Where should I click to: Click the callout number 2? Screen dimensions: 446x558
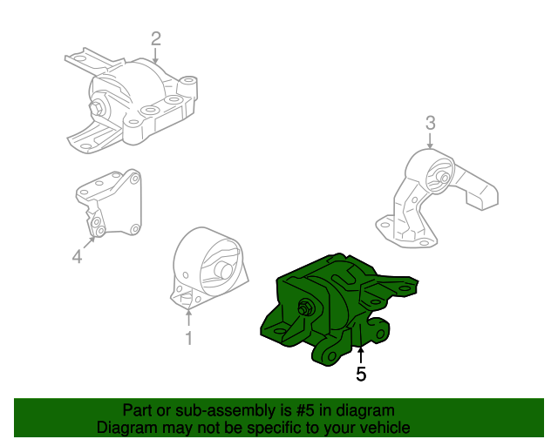(156, 38)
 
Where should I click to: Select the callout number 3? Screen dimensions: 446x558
(430, 122)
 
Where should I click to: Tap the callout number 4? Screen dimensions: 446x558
(77, 256)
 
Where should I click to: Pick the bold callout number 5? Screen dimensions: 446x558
(361, 375)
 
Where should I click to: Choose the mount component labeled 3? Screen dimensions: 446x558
(436, 196)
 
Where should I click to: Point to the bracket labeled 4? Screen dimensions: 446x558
(109, 205)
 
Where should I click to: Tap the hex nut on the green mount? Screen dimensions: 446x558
(308, 307)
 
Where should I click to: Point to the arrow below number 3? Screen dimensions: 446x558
(430, 141)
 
